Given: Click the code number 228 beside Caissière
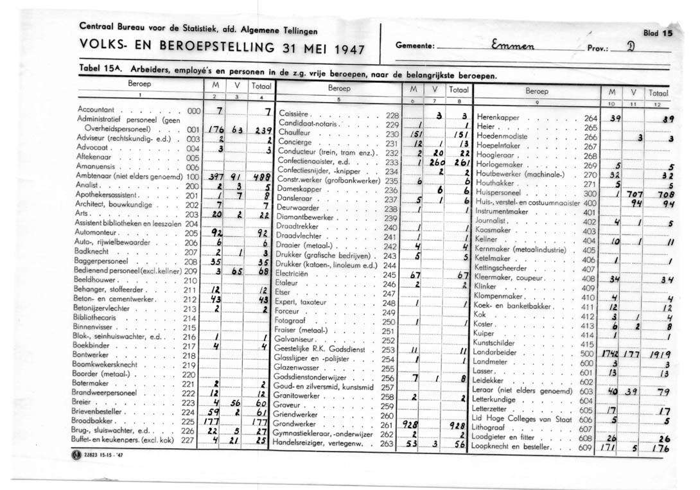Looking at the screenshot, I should click(x=392, y=115).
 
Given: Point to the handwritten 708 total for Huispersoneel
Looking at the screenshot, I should click(x=661, y=194).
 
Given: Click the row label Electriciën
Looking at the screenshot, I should click(x=293, y=274).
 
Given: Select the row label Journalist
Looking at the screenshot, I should click(x=493, y=221).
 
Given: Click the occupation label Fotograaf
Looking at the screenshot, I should click(x=290, y=320).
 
